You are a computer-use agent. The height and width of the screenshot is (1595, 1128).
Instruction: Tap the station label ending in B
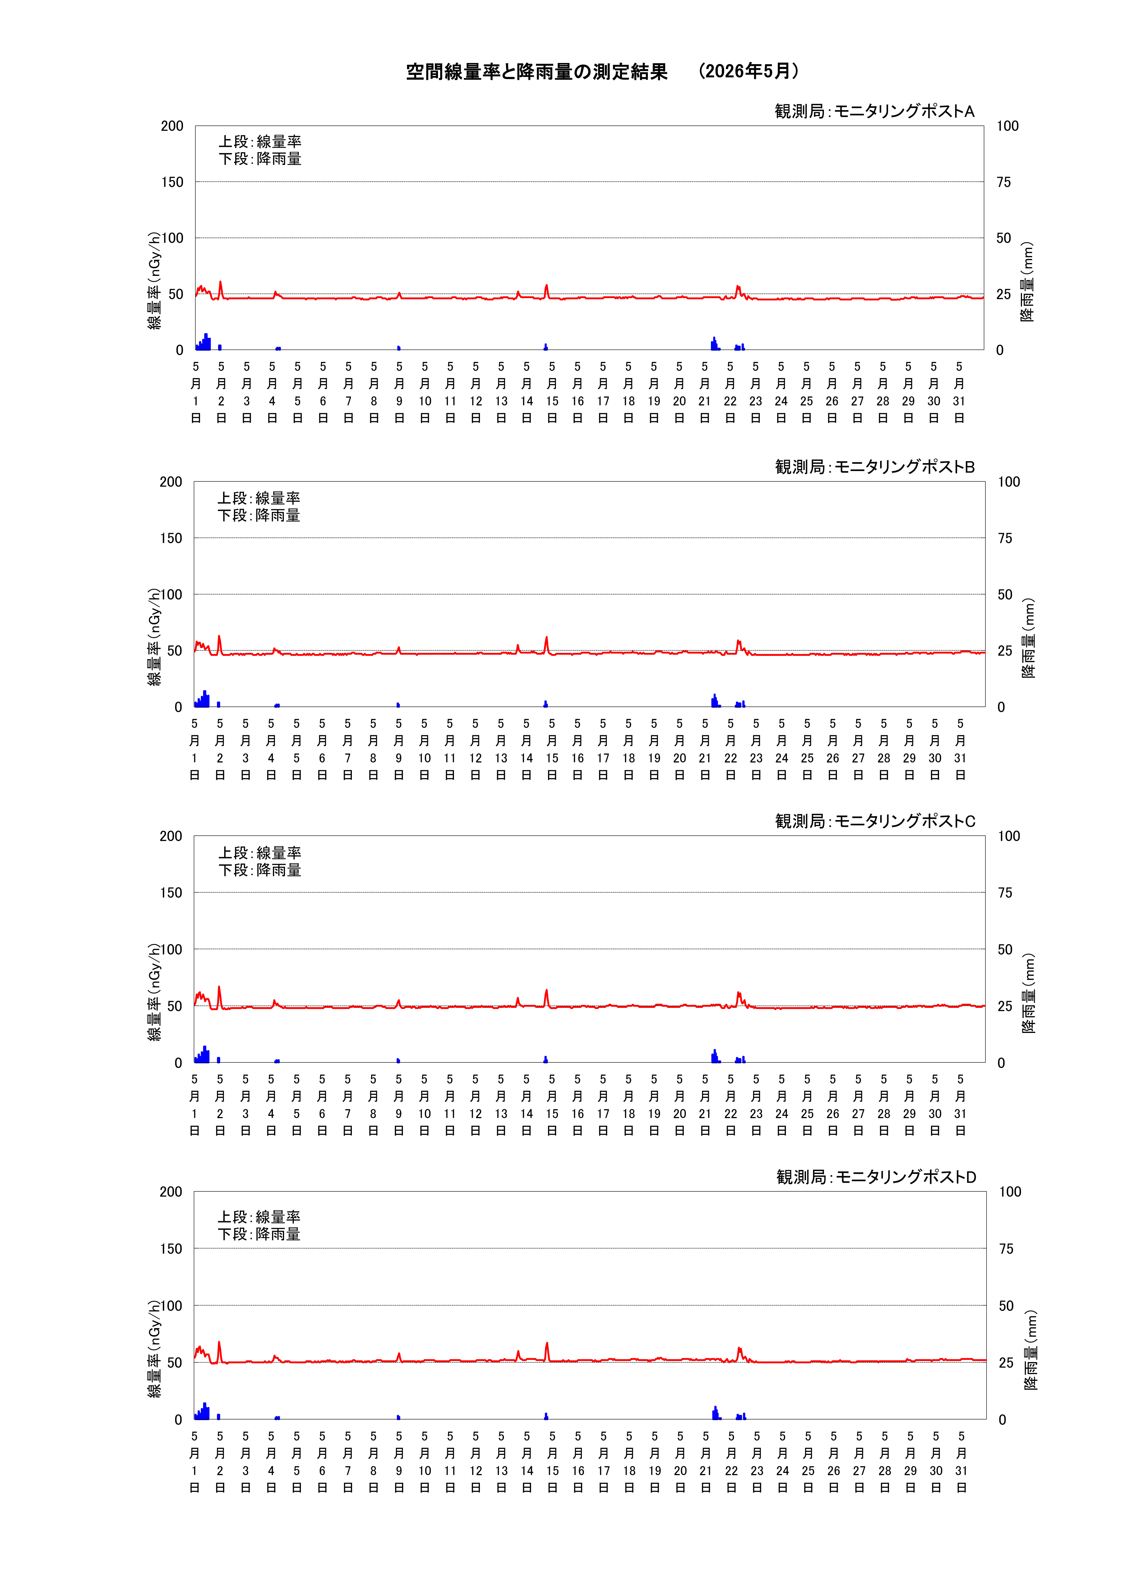pos(875,467)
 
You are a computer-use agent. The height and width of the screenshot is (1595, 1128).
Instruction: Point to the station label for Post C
pos(875,821)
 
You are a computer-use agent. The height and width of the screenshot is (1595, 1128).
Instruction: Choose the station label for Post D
pos(876,1177)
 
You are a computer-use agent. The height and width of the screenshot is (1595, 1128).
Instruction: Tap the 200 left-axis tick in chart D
pos(171,1192)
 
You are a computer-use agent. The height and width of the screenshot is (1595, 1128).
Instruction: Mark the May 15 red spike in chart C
pos(547,991)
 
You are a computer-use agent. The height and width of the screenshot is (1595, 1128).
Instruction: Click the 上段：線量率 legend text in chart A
pos(260,142)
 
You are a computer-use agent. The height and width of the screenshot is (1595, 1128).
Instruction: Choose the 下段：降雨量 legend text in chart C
pos(260,870)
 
